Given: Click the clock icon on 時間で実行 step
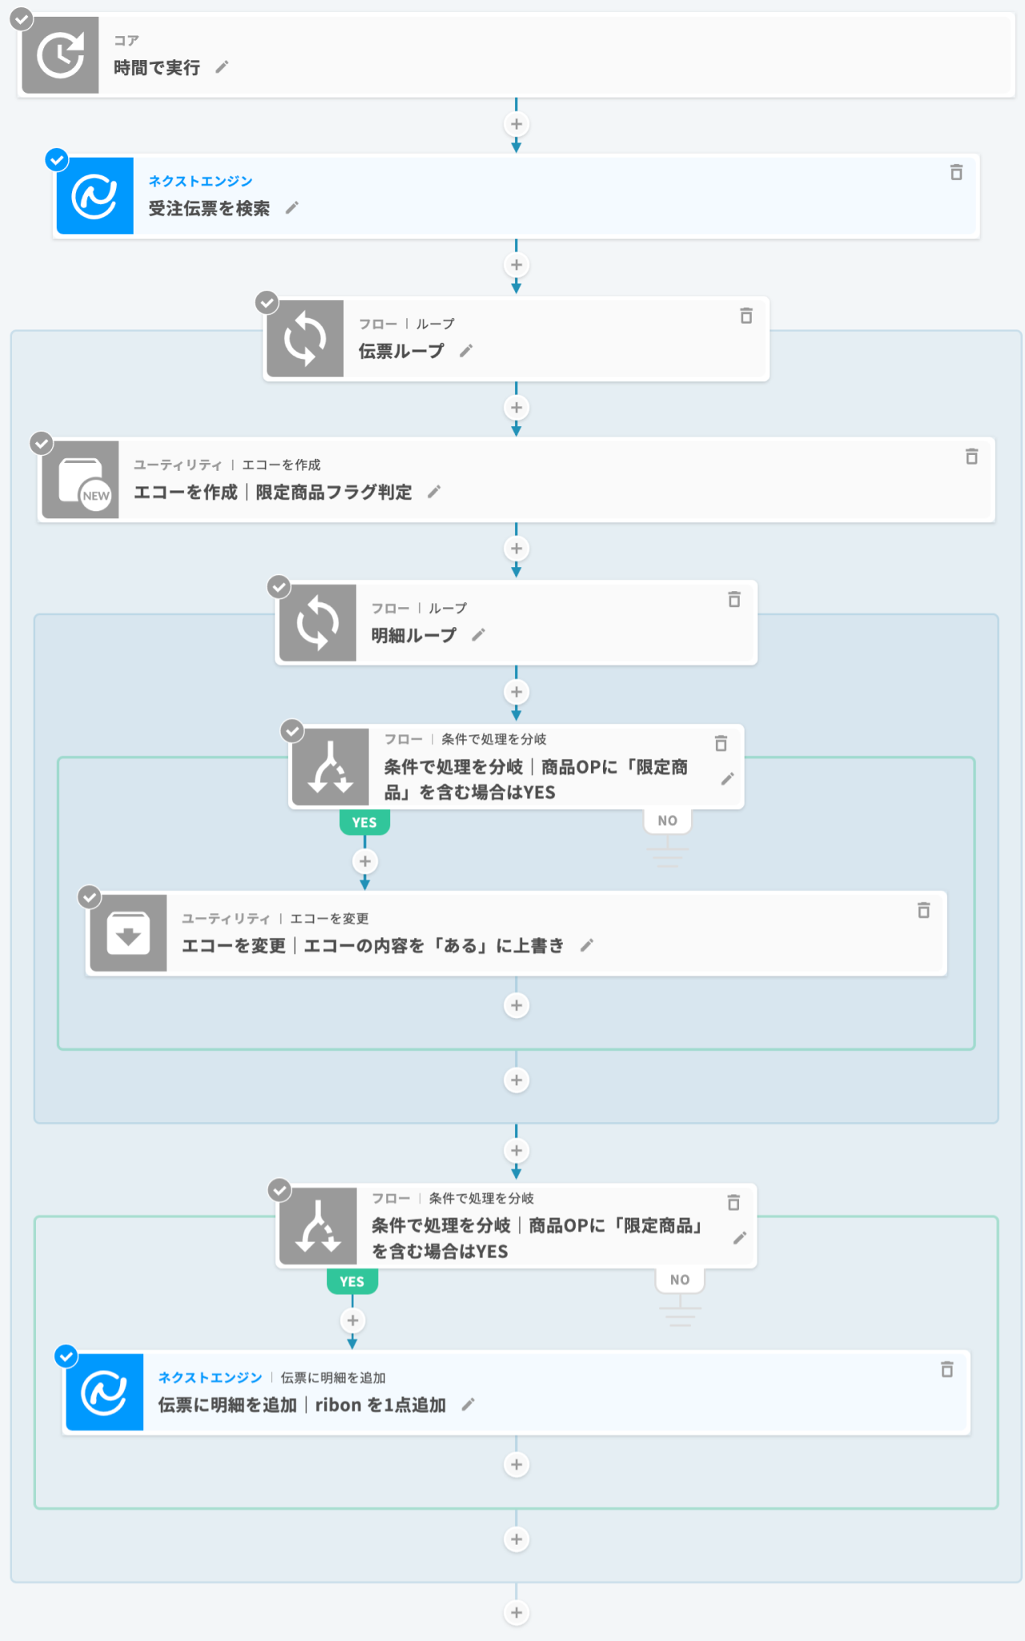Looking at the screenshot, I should click(x=60, y=55).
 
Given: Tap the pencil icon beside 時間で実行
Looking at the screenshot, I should click(x=222, y=67).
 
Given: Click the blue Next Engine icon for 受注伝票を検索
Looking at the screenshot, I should click(x=94, y=196).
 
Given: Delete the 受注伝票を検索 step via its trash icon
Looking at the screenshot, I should click(x=956, y=172).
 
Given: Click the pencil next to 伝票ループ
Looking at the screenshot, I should click(x=466, y=351).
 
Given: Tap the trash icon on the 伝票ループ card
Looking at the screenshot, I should click(x=746, y=316).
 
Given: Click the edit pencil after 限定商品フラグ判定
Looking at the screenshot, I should click(x=434, y=492).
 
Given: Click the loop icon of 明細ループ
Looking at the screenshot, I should click(x=317, y=623).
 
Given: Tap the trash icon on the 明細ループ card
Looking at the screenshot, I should click(x=734, y=599).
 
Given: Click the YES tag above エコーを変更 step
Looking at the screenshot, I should click(x=364, y=823).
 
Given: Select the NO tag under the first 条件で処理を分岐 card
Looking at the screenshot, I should click(x=668, y=821).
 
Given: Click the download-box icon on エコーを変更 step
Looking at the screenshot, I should click(x=128, y=934).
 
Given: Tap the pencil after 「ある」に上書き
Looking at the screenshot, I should click(x=587, y=945).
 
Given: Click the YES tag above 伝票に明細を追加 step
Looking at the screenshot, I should click(x=352, y=1281).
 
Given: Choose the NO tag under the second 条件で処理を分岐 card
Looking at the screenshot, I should click(x=680, y=1280).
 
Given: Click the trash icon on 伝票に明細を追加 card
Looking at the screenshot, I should click(x=947, y=1370).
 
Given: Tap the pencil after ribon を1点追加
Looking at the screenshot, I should click(x=468, y=1404).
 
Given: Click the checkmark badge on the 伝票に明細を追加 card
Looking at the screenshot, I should click(x=66, y=1356).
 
